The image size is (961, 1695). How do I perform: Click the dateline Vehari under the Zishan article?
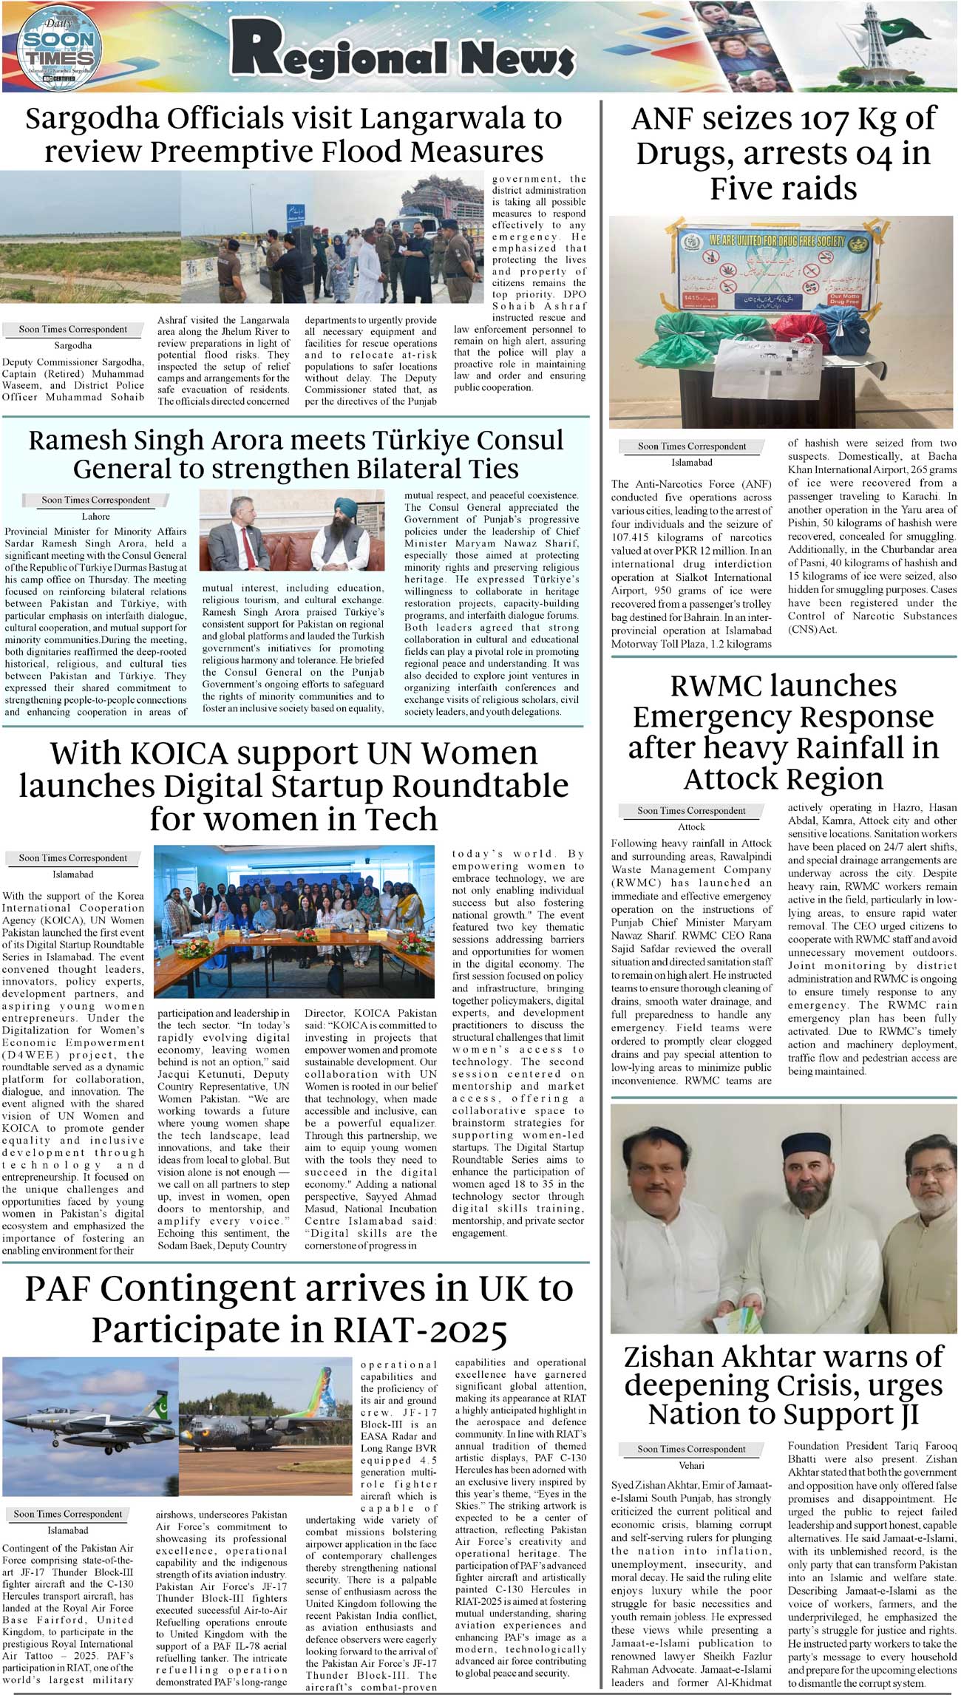(x=691, y=1465)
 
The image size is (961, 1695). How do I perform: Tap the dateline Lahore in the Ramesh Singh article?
(x=95, y=517)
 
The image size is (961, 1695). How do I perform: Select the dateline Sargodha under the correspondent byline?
(x=72, y=345)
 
